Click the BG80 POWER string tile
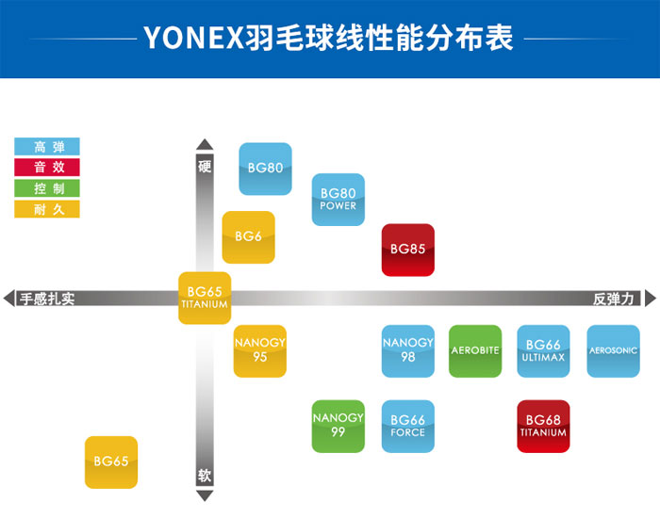tap(338, 200)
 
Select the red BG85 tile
tap(408, 250)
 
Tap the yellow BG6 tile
tap(248, 237)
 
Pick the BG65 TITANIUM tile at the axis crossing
tap(205, 299)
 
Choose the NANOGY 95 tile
tap(260, 351)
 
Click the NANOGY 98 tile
tap(408, 351)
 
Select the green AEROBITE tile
tap(475, 351)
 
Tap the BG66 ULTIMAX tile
tap(543, 351)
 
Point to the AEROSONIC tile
tap(613, 351)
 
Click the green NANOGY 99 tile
tap(338, 427)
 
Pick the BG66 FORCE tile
tap(408, 427)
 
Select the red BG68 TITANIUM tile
tap(543, 427)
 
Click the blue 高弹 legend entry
tap(47, 147)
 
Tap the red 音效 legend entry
tap(47, 167)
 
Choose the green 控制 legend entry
tap(47, 188)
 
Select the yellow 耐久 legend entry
tap(47, 209)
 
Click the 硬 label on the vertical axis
tap(205, 167)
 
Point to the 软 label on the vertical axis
tap(205, 476)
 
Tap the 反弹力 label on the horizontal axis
tap(614, 299)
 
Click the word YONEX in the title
tap(193, 38)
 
